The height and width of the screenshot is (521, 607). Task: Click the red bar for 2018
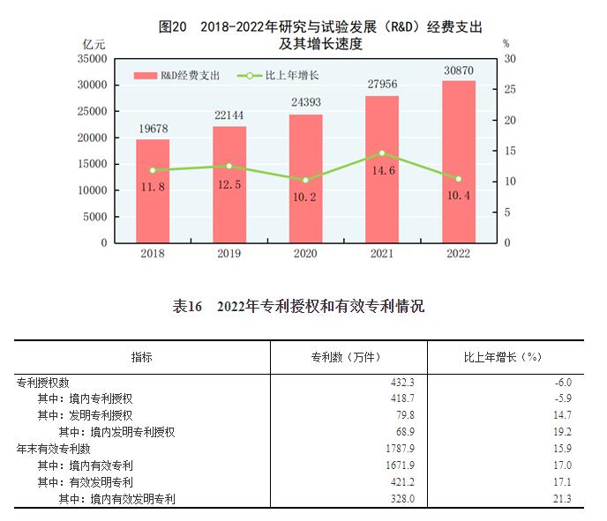click(x=153, y=190)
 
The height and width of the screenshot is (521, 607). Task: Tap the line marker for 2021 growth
click(x=381, y=153)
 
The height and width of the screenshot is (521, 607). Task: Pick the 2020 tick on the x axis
click(x=305, y=253)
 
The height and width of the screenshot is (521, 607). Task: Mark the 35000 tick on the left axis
click(x=93, y=59)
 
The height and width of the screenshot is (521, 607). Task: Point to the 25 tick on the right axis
click(x=509, y=89)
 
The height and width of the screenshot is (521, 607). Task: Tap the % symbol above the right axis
click(x=506, y=42)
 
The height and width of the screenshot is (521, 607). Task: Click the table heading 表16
click(x=187, y=307)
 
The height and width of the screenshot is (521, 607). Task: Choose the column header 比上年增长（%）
click(x=502, y=357)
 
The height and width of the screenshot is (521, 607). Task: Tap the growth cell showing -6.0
click(x=561, y=383)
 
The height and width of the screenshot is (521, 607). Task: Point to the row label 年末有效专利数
click(x=53, y=449)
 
